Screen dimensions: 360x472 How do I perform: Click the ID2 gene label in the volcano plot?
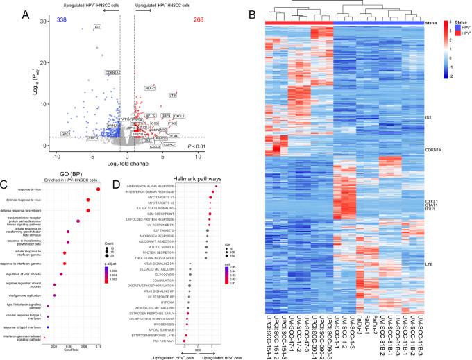pyautogui.click(x=98, y=26)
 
